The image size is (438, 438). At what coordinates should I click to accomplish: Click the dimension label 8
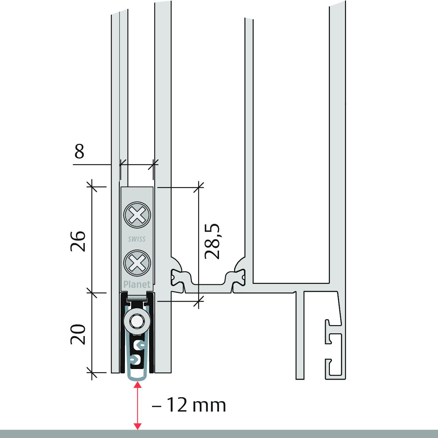pos(79,151)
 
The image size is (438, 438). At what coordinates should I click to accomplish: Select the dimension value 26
pos(78,241)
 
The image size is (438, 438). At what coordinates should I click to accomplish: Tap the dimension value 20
pos(78,334)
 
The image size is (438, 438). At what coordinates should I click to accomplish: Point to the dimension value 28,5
pos(212,241)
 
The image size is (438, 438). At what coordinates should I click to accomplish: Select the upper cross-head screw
pos(137,215)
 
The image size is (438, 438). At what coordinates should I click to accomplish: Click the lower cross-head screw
pos(137,263)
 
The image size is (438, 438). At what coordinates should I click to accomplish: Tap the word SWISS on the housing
pos(137,239)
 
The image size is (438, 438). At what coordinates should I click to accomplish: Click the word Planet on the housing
pos(137,284)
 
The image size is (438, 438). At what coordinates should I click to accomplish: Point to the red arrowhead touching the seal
pos(138,385)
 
